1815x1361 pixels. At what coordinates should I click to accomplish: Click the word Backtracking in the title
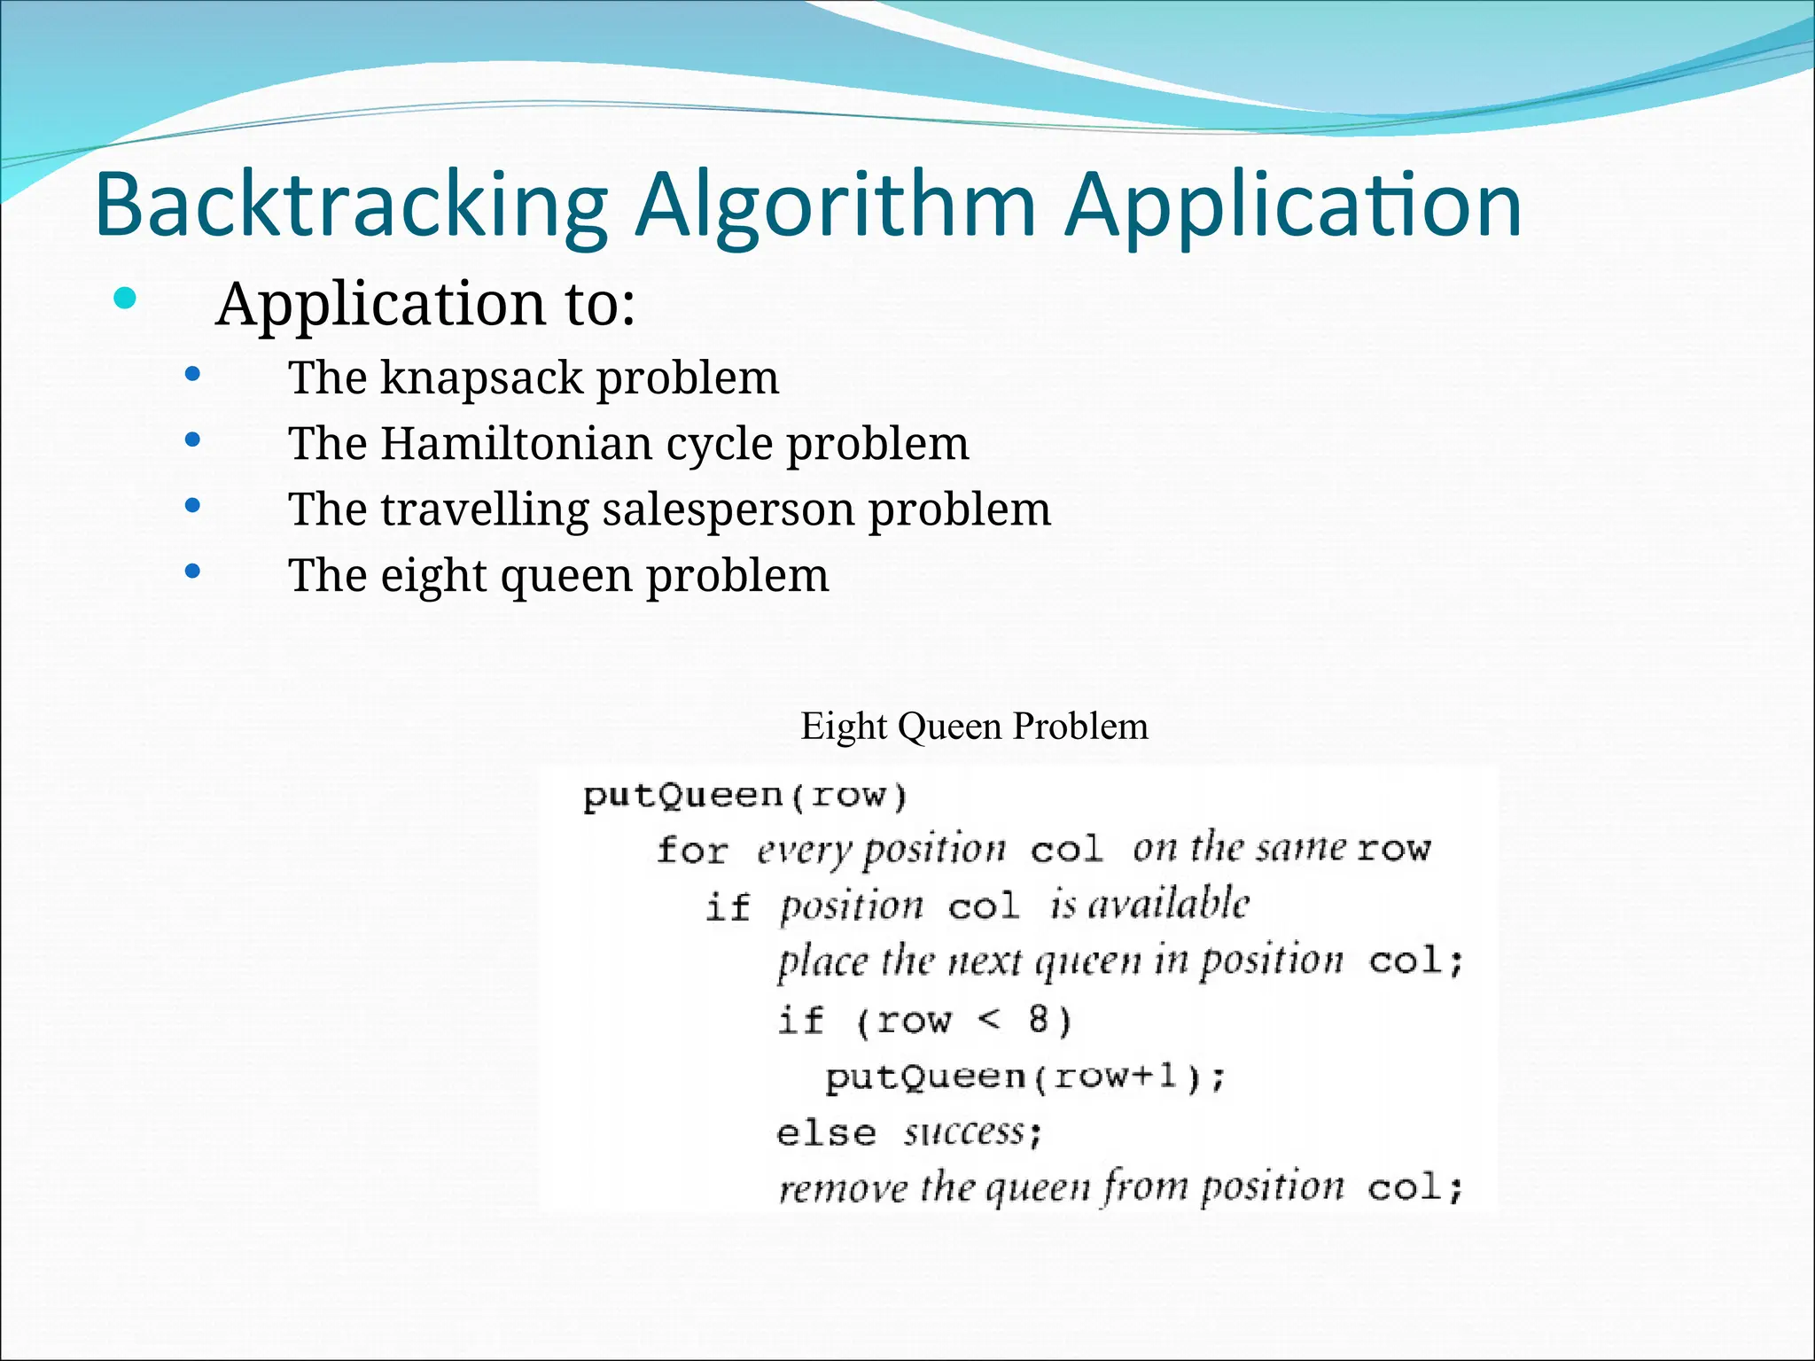pyautogui.click(x=351, y=206)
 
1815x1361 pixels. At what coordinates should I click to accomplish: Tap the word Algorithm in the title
pyautogui.click(x=835, y=206)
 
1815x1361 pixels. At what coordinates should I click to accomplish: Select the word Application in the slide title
pyautogui.click(x=1292, y=206)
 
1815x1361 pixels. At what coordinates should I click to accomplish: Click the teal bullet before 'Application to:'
pyautogui.click(x=125, y=299)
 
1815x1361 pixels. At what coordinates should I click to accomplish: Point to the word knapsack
pyautogui.click(x=483, y=378)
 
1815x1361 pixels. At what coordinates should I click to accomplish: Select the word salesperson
pyautogui.click(x=728, y=509)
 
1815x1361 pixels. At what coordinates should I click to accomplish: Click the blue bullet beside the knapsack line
pyautogui.click(x=192, y=375)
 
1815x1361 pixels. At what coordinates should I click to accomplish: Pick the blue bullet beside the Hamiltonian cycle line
pyautogui.click(x=192, y=440)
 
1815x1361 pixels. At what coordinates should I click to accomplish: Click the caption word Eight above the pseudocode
pyautogui.click(x=843, y=727)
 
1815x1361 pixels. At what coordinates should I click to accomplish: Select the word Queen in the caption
pyautogui.click(x=950, y=727)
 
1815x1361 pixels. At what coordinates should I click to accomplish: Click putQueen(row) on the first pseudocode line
pyautogui.click(x=744, y=796)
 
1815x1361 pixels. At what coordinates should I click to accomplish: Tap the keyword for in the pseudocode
pyautogui.click(x=691, y=851)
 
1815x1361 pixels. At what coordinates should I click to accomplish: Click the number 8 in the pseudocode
pyautogui.click(x=1039, y=1020)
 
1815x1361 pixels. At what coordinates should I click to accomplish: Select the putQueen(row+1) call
pyautogui.click(x=1024, y=1077)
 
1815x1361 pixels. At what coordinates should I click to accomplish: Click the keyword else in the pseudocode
pyautogui.click(x=825, y=1133)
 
